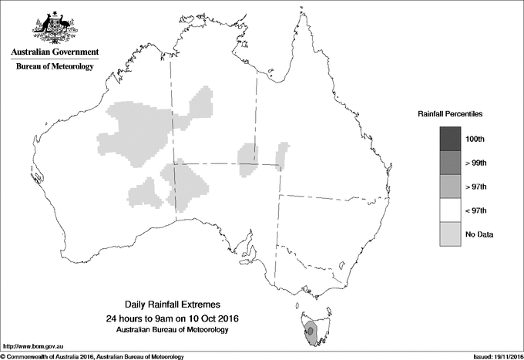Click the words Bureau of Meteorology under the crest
55,67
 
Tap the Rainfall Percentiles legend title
450,113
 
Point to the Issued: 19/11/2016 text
492,355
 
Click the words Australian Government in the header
55,52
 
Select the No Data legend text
479,234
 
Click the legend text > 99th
475,163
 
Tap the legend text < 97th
475,210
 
